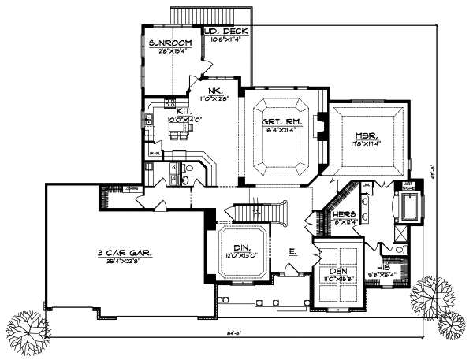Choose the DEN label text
coord(337,271)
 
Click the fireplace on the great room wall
coord(320,127)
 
